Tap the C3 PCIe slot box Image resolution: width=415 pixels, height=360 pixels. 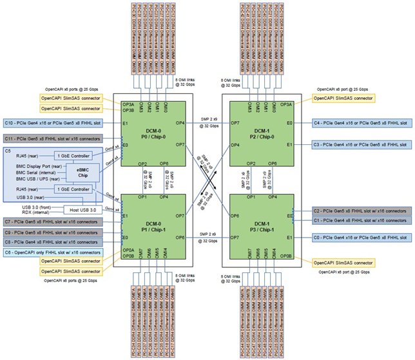click(x=358, y=145)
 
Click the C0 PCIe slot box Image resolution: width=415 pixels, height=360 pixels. click(x=358, y=237)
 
